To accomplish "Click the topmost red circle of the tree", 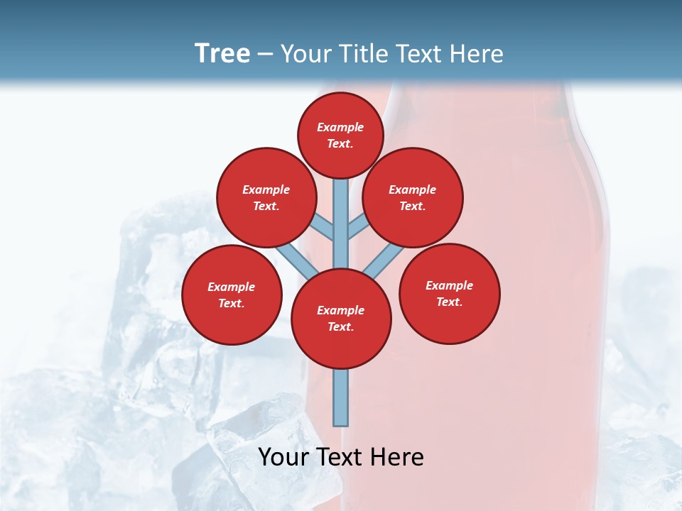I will pos(340,136).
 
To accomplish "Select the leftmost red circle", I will pos(232,295).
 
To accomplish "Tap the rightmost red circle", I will pos(450,293).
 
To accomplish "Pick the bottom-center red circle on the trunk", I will pos(341,319).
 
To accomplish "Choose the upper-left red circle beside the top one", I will pos(266,197).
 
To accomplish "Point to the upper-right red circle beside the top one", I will pos(413,197).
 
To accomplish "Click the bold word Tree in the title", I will pos(222,53).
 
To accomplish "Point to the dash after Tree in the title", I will pos(265,55).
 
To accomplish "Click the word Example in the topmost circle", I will pos(340,128).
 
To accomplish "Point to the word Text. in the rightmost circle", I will pos(449,302).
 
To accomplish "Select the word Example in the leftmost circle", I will pos(232,287).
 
